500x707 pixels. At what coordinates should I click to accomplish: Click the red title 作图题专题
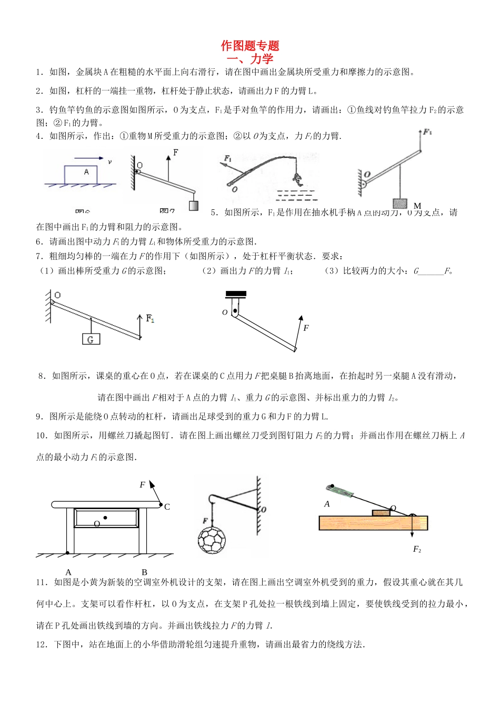(250, 46)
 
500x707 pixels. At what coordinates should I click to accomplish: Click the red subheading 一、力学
(250, 59)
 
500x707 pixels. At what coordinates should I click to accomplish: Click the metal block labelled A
(81, 175)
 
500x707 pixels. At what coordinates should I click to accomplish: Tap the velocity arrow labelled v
(88, 158)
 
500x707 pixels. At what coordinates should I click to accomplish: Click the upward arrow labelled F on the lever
(168, 166)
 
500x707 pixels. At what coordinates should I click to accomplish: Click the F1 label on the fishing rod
(228, 158)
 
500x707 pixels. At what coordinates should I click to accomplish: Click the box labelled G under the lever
(91, 339)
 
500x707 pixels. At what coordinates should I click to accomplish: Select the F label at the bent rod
(306, 328)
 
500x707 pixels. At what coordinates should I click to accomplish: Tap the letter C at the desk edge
(167, 507)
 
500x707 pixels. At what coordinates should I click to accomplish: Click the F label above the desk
(142, 485)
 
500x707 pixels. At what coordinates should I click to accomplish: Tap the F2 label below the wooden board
(417, 549)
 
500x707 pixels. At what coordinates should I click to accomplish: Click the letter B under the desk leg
(144, 572)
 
